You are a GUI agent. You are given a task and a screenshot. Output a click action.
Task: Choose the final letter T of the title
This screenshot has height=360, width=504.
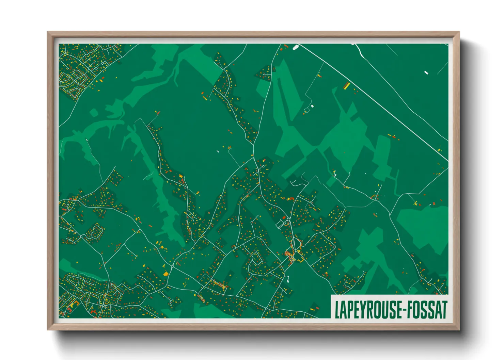(x=444, y=309)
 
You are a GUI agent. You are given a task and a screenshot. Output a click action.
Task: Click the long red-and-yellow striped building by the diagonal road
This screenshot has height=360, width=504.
(x=347, y=85)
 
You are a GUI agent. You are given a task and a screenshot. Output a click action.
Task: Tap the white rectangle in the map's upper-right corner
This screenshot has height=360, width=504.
(x=426, y=72)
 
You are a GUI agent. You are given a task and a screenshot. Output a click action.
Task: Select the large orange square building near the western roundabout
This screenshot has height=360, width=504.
(x=166, y=273)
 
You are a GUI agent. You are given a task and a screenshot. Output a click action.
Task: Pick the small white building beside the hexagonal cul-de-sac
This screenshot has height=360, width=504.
(x=312, y=106)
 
